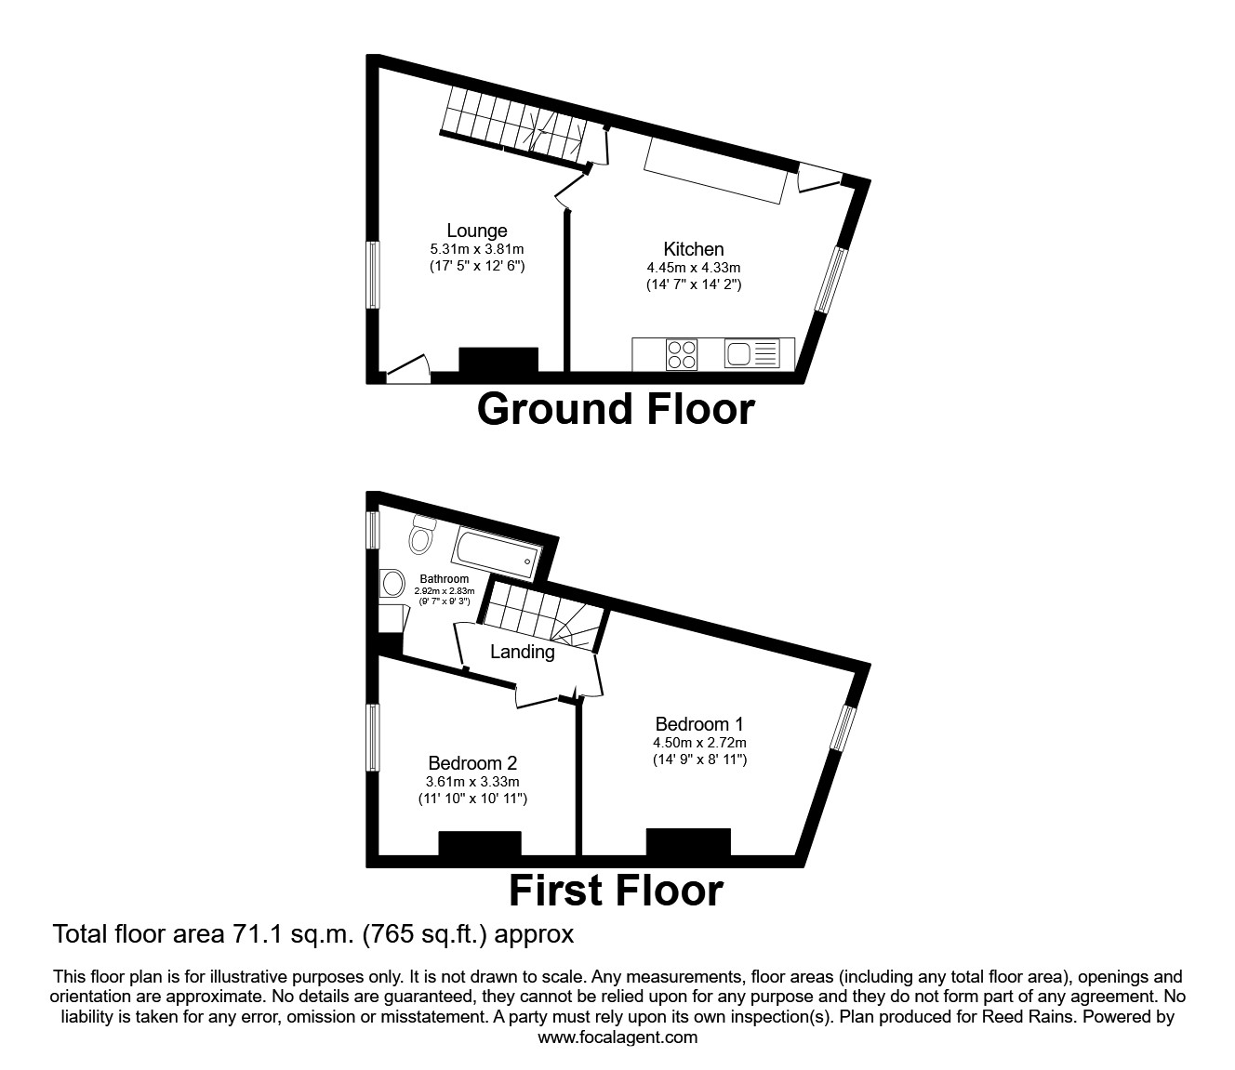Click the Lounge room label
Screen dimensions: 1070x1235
476,231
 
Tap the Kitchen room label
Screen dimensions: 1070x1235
693,249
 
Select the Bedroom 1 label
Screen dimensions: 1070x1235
699,723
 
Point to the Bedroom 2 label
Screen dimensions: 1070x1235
472,763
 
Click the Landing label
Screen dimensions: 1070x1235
522,652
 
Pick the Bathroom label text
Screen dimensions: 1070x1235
444,579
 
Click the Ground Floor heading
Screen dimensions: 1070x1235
616,409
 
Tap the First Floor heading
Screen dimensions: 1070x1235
616,891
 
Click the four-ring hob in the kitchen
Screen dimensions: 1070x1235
682,354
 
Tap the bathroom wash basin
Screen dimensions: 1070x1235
392,584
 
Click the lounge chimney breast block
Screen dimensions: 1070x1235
498,359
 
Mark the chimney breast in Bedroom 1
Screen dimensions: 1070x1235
688,841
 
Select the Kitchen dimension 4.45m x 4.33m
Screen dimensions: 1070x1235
693,268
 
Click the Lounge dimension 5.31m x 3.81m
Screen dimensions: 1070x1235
476,249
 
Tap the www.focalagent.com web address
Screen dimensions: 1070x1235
617,1037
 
